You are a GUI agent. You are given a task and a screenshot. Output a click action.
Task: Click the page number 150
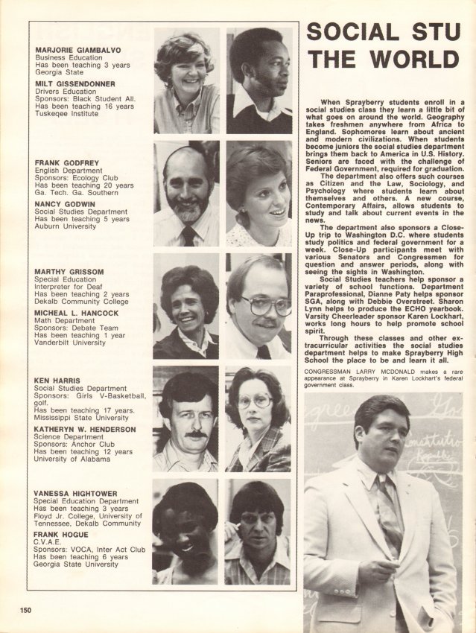point(26,610)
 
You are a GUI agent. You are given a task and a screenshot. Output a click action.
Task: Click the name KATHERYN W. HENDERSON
point(83,430)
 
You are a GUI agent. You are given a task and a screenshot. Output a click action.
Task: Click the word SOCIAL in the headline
point(350,33)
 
